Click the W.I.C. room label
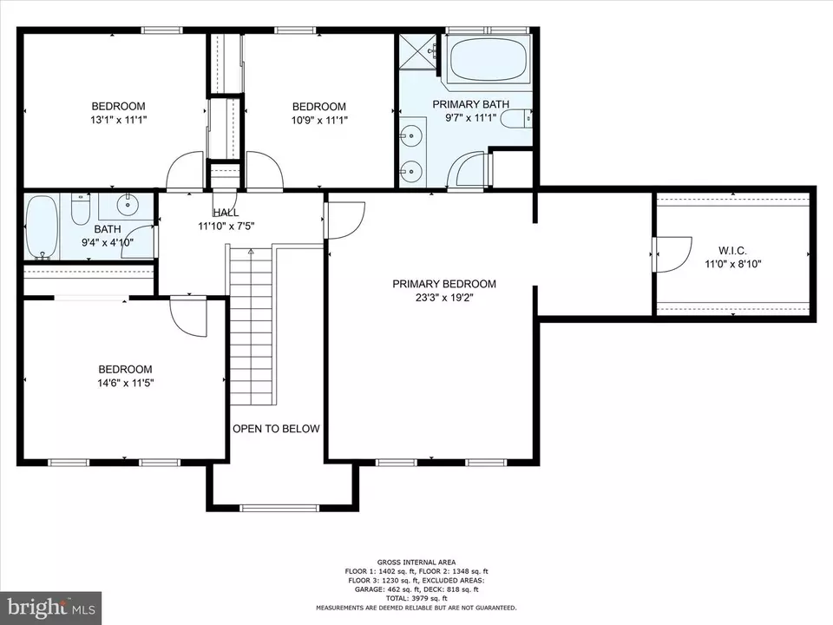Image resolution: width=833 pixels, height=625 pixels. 732,250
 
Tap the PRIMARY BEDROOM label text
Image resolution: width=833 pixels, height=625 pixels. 444,285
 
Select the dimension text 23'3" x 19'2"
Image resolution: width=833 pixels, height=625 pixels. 444,298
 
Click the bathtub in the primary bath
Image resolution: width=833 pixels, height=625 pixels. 489,59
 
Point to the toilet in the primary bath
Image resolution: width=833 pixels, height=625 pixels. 516,119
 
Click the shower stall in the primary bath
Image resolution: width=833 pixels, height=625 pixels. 417,51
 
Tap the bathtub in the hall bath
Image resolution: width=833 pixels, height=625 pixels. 42,227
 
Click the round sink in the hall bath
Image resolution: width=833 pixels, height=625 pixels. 128,205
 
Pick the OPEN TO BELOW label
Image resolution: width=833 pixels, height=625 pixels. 276,429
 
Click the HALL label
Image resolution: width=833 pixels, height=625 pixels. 226,214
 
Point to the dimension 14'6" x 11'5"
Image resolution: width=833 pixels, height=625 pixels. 125,383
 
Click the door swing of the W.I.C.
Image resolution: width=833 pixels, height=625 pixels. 672,254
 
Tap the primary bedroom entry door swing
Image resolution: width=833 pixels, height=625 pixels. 346,220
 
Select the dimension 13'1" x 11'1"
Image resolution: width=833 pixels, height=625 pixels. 119,120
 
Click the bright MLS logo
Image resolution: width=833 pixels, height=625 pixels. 51,608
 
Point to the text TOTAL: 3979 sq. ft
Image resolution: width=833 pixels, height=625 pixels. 416,598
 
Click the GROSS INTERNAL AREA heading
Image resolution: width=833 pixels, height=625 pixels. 416,562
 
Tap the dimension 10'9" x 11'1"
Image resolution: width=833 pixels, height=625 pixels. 319,121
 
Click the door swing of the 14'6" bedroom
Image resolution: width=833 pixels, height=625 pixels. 188,319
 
